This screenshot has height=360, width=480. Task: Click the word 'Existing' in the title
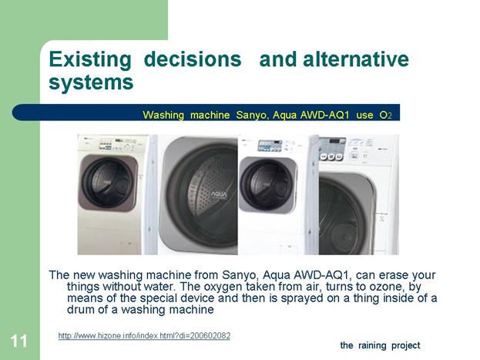90,60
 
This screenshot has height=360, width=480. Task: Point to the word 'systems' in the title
91,82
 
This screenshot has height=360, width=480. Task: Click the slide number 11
19,341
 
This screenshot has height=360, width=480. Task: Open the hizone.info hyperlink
144,336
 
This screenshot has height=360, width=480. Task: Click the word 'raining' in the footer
372,345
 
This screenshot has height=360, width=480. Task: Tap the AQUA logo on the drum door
219,194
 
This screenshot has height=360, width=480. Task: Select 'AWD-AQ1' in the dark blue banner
325,115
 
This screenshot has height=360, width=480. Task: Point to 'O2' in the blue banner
385,115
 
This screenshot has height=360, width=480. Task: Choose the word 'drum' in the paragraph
81,309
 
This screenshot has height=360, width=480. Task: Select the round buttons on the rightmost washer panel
331,156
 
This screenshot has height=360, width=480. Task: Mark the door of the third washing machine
268,184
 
